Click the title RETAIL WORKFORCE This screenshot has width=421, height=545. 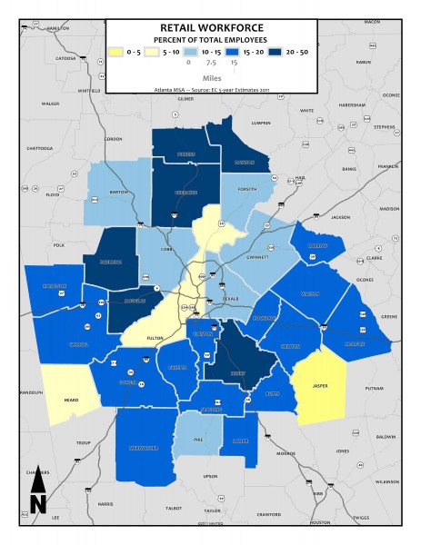(x=211, y=29)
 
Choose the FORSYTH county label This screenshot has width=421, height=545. (x=247, y=189)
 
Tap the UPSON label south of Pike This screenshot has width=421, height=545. (x=210, y=475)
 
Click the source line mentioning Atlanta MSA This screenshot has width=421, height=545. (x=211, y=89)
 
